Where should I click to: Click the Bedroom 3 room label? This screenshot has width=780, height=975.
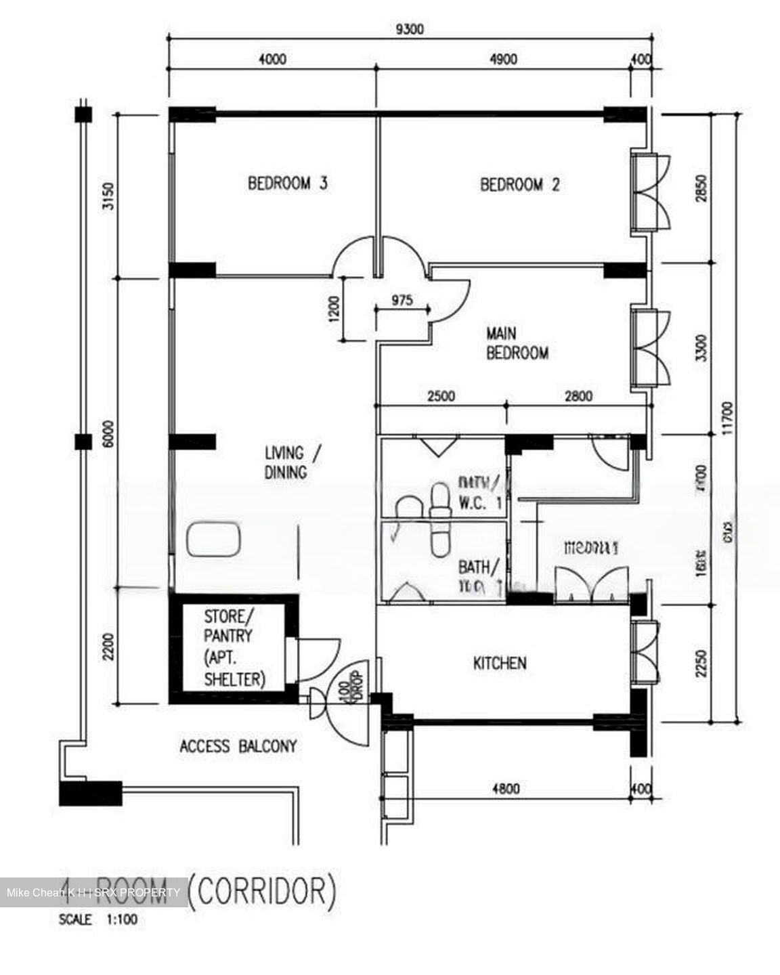(x=288, y=183)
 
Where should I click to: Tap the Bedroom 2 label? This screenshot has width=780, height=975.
(x=520, y=184)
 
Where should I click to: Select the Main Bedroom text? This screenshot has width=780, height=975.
(x=517, y=343)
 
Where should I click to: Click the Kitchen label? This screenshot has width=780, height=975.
(x=500, y=663)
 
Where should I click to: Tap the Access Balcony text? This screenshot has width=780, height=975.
(x=238, y=746)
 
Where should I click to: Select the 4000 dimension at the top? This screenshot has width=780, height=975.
(x=272, y=59)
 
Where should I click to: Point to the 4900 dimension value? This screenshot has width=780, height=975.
(x=502, y=59)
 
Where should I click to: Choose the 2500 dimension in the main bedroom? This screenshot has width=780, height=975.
(x=441, y=396)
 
